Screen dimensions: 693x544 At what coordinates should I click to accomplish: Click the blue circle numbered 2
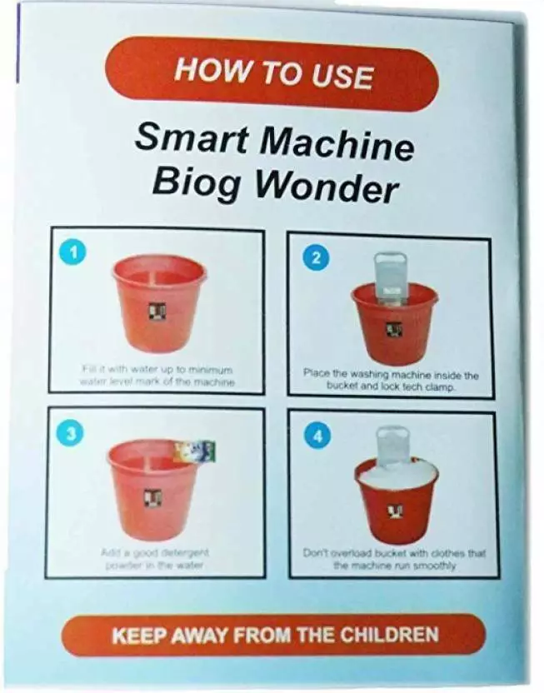[314, 257]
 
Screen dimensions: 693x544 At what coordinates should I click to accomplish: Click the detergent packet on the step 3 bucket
[195, 452]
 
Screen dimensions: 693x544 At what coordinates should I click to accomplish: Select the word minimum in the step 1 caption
[212, 368]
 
